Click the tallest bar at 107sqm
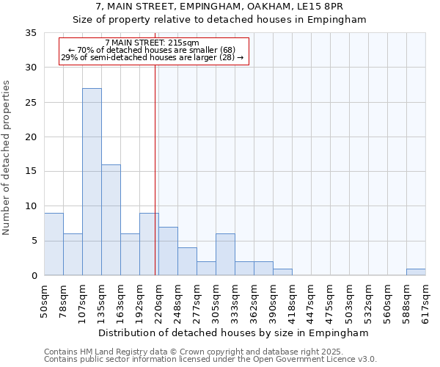click(92, 182)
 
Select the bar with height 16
click(111, 220)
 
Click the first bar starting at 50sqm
click(54, 244)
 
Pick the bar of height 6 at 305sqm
click(225, 255)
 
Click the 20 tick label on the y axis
click(31, 137)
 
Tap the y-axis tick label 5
click(34, 241)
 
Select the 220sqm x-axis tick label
click(159, 302)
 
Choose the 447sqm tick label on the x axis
click(312, 302)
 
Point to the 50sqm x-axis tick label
click(45, 302)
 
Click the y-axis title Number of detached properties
click(7, 158)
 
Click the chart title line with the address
click(220, 7)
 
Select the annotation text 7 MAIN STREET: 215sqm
click(152, 43)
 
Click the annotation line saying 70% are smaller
click(152, 50)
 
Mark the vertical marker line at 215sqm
click(155, 169)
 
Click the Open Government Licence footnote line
click(210, 360)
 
